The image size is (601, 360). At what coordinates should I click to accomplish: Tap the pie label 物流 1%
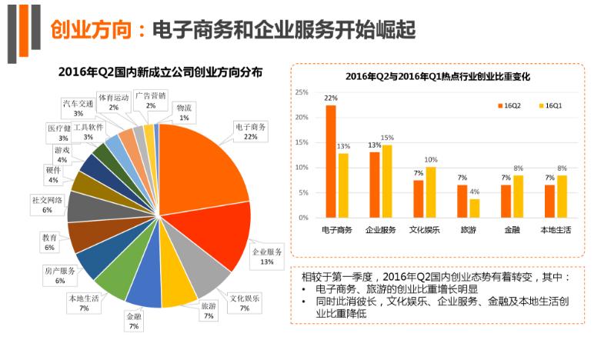point(183,112)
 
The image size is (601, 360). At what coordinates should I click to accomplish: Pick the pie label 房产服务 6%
point(59,275)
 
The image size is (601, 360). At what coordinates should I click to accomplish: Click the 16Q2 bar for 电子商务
point(331,161)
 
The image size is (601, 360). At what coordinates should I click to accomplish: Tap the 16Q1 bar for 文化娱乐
point(430,192)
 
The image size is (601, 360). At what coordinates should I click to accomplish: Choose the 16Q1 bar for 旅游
point(474,208)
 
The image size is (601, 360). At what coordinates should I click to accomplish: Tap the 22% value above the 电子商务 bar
point(331,98)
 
